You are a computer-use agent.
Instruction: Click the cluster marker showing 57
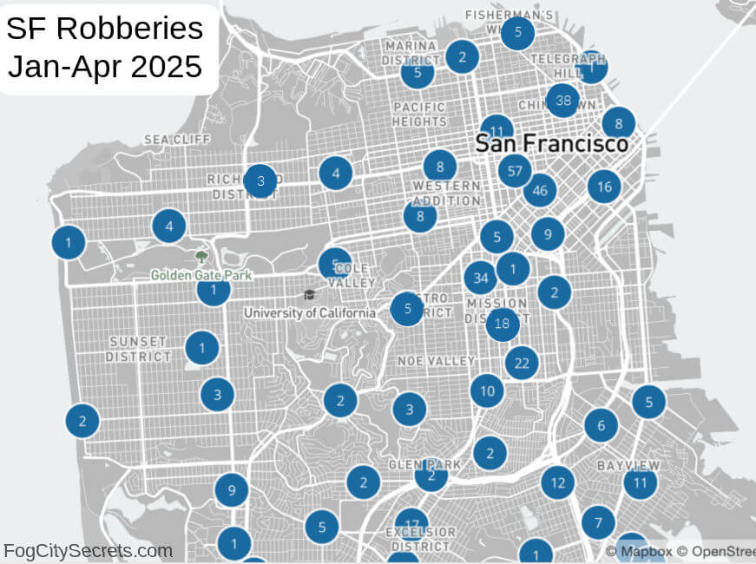[515, 171]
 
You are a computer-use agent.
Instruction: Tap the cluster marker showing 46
[540, 190]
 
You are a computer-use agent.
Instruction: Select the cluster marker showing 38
[563, 101]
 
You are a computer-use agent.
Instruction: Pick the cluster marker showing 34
[480, 278]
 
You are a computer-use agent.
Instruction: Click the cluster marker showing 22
[522, 363]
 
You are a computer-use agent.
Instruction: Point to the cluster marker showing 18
[502, 325]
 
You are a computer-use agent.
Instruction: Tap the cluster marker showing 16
[604, 186]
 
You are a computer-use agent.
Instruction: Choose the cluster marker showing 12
[557, 482]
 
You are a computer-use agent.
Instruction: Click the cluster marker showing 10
[487, 390]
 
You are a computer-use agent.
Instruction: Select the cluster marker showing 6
[601, 425]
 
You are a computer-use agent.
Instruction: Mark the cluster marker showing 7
[598, 522]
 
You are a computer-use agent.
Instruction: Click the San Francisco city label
[551, 143]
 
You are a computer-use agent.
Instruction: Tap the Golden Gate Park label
[201, 275]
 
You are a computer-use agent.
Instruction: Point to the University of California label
[310, 312]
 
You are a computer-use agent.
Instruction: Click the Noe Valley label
[436, 360]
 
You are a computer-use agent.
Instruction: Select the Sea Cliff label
[177, 140]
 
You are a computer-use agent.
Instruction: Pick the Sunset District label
[139, 349]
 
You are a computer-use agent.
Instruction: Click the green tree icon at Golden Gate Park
[201, 257]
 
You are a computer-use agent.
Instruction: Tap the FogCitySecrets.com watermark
[88, 550]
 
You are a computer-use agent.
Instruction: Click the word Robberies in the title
[130, 30]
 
